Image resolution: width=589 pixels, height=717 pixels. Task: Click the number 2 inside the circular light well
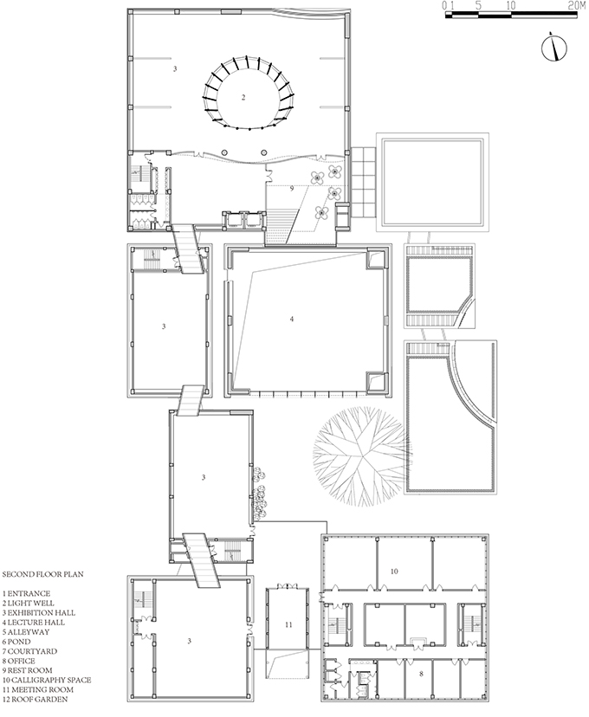point(243,97)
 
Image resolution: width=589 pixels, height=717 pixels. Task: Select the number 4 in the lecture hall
point(292,320)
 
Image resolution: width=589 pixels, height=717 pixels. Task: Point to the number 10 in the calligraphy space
point(394,572)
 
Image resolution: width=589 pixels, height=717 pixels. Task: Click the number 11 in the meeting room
point(288,624)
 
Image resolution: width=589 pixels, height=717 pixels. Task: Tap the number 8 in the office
point(421,674)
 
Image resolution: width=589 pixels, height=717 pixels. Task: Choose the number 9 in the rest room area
point(292,189)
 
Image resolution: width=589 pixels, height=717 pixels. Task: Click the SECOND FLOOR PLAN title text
point(43,574)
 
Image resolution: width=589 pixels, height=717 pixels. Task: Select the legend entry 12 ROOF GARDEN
point(35,699)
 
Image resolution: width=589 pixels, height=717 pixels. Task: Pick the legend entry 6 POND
point(16,642)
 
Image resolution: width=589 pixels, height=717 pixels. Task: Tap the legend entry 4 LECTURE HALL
point(34,623)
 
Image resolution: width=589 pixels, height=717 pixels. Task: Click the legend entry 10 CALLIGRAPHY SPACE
point(47,680)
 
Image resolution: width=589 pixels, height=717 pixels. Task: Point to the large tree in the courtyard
point(362,456)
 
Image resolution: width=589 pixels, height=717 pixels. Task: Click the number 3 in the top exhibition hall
point(175,69)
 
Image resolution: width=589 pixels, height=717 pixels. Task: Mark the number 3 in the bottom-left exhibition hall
point(190,641)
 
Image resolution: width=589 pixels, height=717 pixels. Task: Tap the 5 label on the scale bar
point(478,5)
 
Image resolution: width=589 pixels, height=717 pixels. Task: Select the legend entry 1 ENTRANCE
point(26,593)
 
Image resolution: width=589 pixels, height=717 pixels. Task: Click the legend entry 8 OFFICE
point(18,661)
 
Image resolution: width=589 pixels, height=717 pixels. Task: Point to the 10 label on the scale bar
point(511,5)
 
